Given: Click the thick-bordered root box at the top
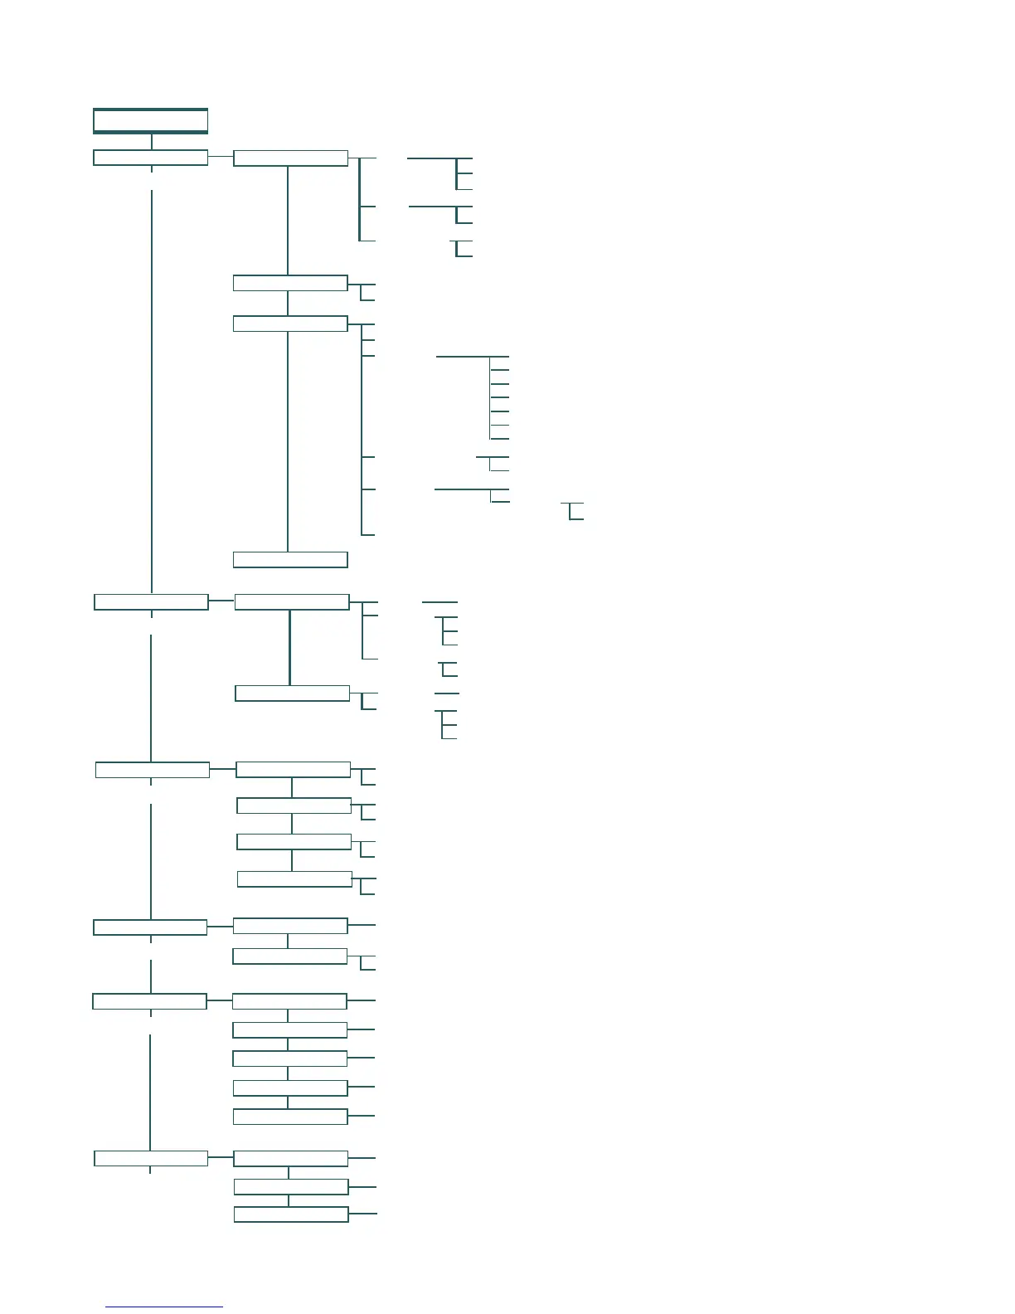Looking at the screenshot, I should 150,121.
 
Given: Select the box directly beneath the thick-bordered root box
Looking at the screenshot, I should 150,158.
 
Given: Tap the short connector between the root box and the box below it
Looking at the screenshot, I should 152,142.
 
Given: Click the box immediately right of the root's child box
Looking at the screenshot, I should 290,158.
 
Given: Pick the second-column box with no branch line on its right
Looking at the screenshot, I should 290,559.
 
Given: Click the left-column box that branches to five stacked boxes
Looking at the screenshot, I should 149,1001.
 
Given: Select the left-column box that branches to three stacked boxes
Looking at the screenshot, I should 151,1158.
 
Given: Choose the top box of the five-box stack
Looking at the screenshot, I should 289,1001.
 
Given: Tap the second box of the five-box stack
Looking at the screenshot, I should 289,1030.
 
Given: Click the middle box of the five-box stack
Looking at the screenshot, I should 289,1058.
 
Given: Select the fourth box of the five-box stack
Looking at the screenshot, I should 290,1088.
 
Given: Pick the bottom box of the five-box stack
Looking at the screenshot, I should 290,1117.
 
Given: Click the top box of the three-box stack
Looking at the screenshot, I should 291,1159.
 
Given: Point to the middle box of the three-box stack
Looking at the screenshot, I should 291,1186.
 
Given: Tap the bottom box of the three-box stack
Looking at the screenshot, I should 291,1214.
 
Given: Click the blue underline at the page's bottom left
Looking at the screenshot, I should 164,1307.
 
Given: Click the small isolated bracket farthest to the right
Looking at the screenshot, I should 572,511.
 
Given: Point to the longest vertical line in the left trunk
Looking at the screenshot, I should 152,390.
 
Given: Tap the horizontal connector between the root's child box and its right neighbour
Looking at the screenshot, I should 221,156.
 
